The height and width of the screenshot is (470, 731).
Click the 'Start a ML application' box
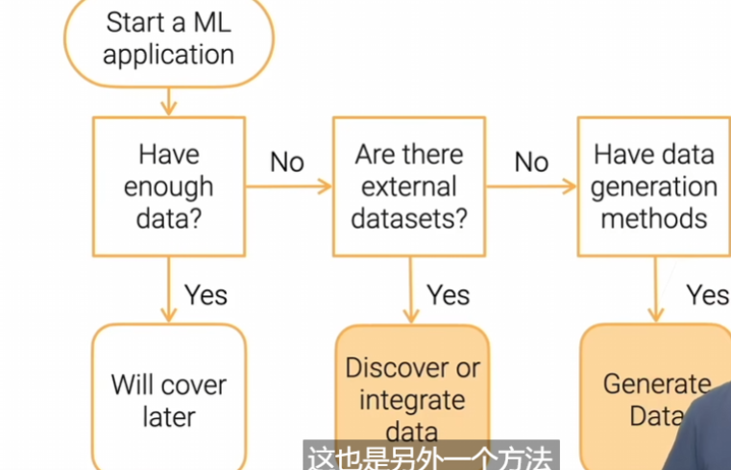(x=168, y=37)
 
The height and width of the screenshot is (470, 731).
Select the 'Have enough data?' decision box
(x=168, y=186)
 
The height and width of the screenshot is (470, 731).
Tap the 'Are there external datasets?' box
(x=408, y=186)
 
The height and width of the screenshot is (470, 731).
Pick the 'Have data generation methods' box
(x=653, y=186)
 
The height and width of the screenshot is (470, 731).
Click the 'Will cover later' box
(x=168, y=400)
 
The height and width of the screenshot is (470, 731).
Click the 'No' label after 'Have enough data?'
(x=286, y=161)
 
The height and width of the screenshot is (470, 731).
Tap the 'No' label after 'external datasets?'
(x=531, y=161)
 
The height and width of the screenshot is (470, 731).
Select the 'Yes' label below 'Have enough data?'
(x=206, y=294)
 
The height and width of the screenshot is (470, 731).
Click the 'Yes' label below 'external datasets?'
(x=448, y=294)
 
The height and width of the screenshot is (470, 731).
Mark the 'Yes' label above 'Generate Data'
(x=708, y=294)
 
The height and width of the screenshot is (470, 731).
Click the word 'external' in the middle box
(x=408, y=186)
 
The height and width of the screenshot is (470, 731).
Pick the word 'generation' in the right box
(x=653, y=186)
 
